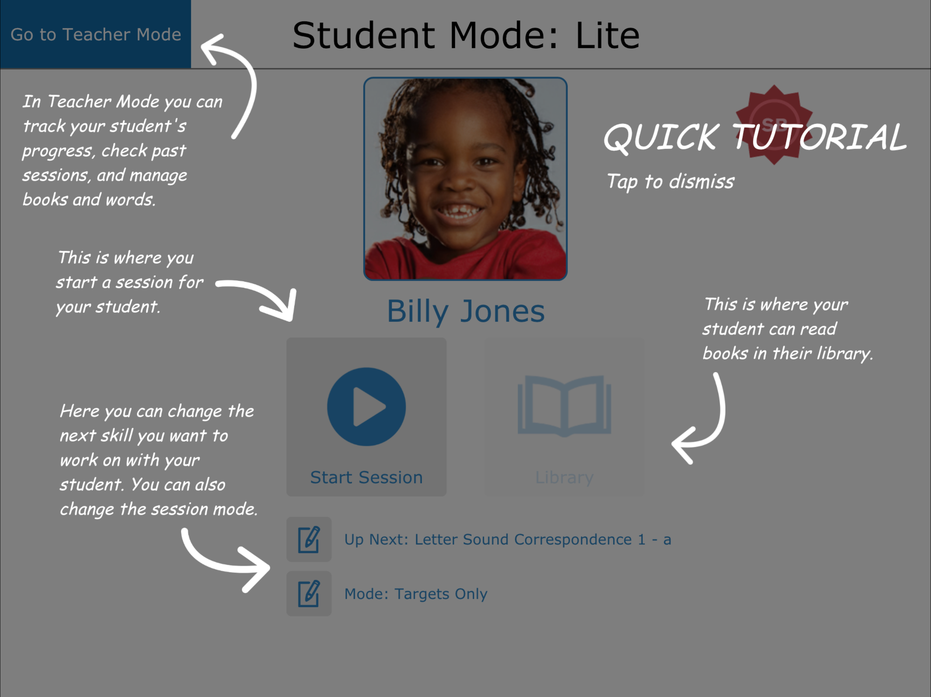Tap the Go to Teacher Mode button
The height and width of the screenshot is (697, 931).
coord(95,34)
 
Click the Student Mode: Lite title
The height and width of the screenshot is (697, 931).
coord(466,35)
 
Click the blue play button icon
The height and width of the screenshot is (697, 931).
coord(367,406)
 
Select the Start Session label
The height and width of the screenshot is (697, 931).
coord(367,477)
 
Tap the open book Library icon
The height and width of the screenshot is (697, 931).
coord(564,406)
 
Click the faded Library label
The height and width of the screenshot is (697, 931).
coord(564,477)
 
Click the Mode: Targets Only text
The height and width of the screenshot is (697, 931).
coord(416,594)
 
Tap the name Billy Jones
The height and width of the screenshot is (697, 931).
coord(466,311)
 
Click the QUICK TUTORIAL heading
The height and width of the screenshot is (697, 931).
coord(755,137)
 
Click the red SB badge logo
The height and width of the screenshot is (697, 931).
coord(774,125)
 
